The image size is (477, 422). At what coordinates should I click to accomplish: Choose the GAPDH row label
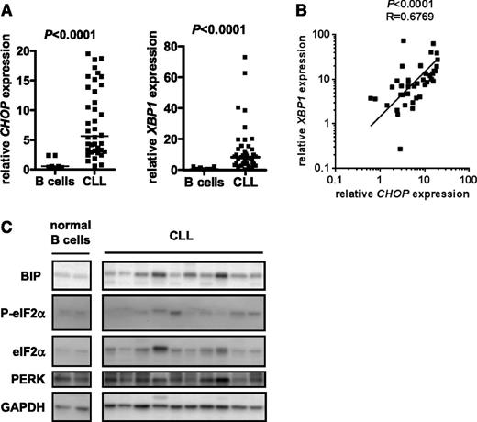[x=24, y=403]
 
